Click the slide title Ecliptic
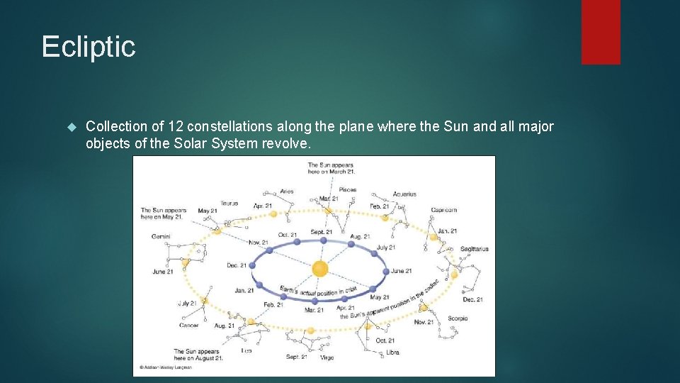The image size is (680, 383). (89, 47)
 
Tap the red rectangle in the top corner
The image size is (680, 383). (601, 32)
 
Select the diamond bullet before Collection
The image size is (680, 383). (70, 127)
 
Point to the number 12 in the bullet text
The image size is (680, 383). (176, 126)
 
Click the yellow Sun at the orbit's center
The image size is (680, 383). (320, 269)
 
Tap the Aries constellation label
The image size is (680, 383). (286, 191)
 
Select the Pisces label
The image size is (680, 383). (347, 190)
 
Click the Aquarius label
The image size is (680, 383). (404, 194)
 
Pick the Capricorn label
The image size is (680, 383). (443, 210)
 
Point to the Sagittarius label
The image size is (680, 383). (474, 249)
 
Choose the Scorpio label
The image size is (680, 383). (458, 318)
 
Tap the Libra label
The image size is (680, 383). (392, 352)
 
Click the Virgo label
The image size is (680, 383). (327, 357)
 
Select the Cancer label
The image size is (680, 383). (189, 326)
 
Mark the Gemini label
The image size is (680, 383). (161, 236)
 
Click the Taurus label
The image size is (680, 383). (229, 203)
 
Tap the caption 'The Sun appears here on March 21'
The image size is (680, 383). (331, 168)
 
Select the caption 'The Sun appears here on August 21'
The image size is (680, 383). (198, 355)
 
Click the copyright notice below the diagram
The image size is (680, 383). (166, 368)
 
